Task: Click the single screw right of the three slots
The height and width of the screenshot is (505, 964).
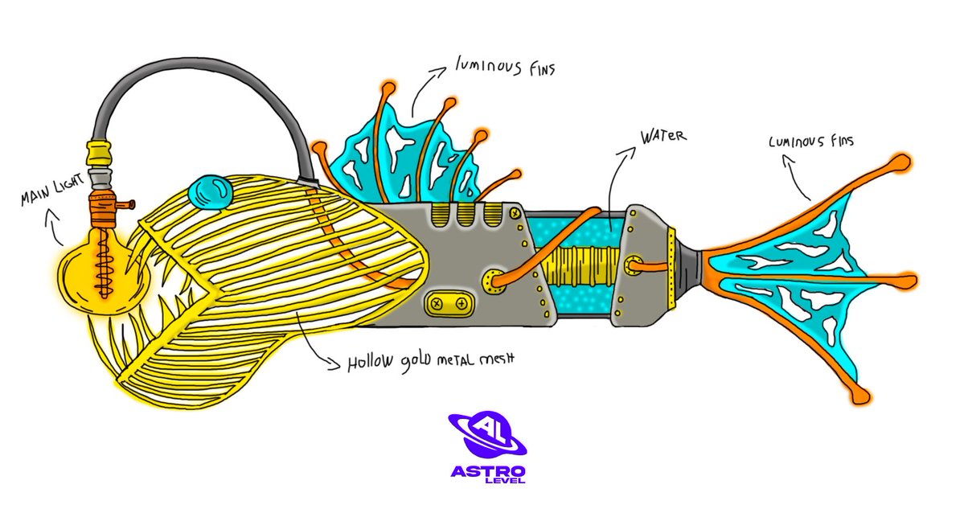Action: tap(513, 213)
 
